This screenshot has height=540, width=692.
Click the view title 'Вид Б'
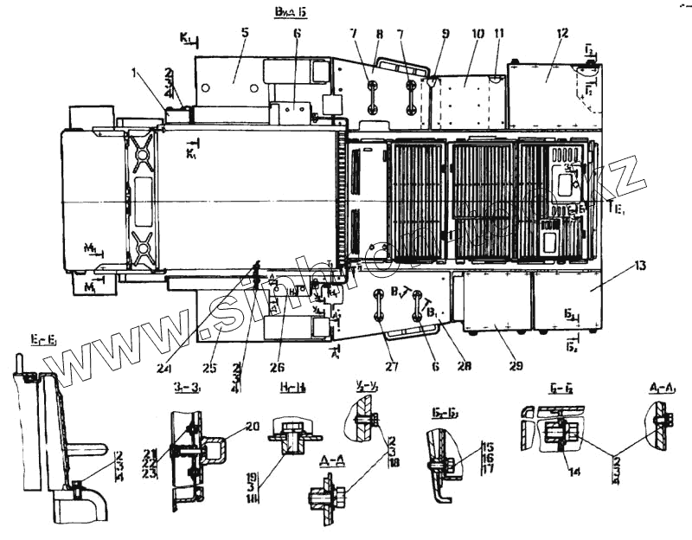290,11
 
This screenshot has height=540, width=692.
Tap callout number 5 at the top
245,32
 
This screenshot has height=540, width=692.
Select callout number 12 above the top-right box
563,32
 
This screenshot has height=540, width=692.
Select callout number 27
392,366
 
